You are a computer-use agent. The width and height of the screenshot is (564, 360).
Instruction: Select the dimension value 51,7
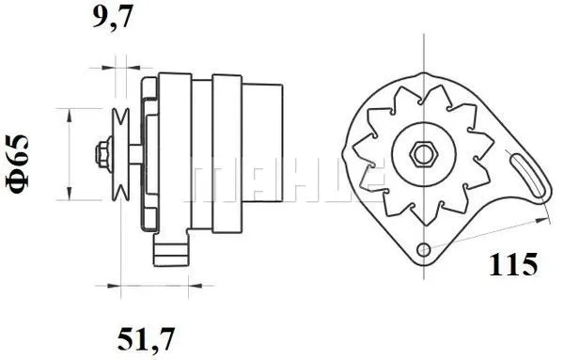(x=149, y=336)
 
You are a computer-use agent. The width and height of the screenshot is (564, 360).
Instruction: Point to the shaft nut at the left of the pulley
(x=100, y=152)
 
